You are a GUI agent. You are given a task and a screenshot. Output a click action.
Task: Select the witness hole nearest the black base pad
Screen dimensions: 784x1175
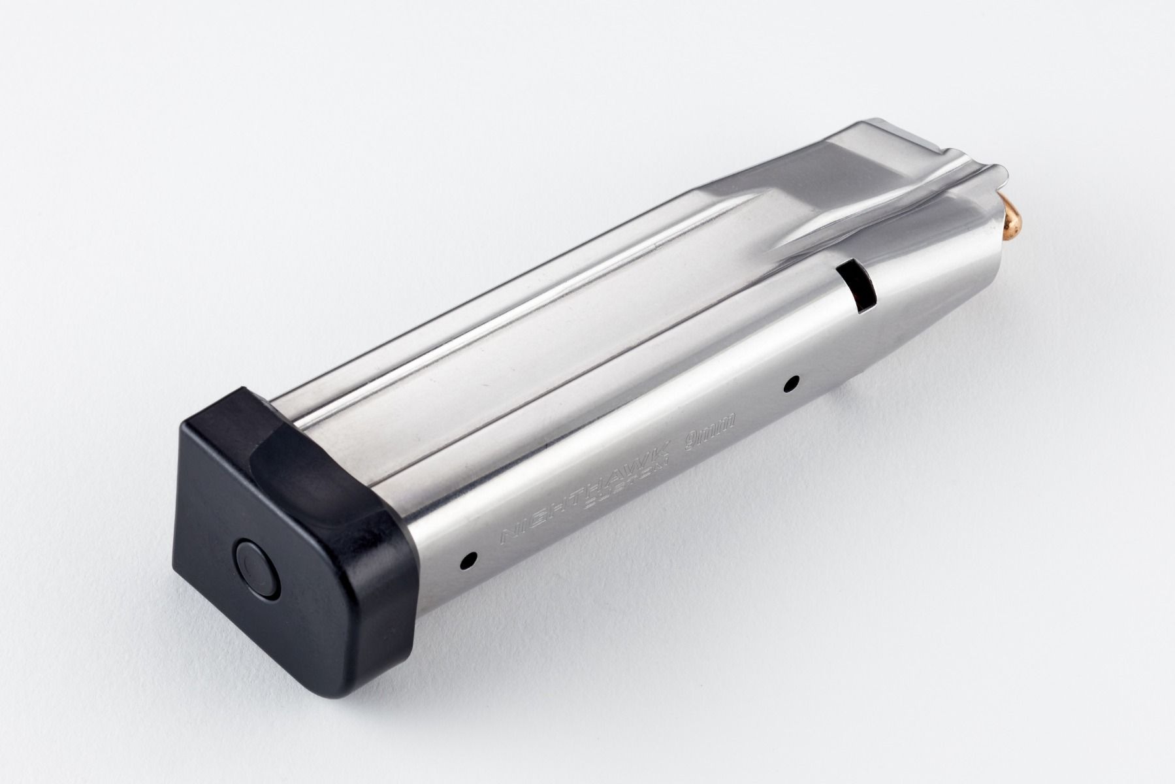[x=468, y=559]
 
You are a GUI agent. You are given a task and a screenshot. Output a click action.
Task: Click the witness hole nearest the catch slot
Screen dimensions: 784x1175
[x=794, y=384]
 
